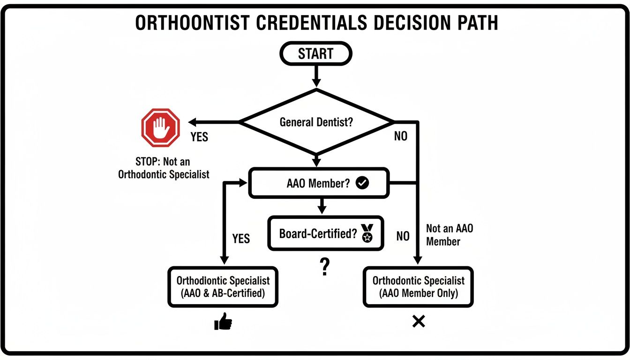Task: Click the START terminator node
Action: (315, 54)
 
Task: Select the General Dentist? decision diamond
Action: (316, 122)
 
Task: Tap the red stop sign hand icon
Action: (161, 127)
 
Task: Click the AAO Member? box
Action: (319, 183)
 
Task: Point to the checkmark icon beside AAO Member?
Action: (362, 183)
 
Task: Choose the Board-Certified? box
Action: (325, 233)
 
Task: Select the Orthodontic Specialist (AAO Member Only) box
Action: (418, 287)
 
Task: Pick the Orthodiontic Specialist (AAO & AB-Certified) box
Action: (223, 287)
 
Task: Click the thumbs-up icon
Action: (223, 322)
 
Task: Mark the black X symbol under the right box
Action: (418, 322)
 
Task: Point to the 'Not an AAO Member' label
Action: (450, 235)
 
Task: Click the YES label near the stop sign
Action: (199, 137)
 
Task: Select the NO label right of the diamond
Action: (400, 136)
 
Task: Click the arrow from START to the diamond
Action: (316, 75)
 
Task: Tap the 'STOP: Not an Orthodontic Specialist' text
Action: (163, 168)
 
